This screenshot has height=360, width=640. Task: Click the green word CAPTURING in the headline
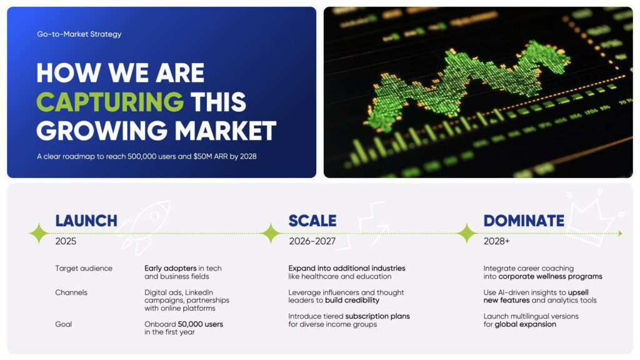[110, 102]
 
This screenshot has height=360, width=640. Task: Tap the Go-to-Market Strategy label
[79, 34]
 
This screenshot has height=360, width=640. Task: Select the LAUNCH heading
[86, 221]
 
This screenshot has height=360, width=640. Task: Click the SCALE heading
[312, 221]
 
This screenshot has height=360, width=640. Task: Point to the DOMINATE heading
[524, 221]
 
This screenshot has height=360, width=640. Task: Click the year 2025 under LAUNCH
[66, 241]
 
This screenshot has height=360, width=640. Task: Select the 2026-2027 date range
[312, 241]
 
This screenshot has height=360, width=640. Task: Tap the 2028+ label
[496, 241]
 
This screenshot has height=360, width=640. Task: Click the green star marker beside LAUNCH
[39, 234]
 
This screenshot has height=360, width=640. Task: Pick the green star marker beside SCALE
[271, 234]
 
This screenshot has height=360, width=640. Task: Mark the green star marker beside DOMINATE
[466, 234]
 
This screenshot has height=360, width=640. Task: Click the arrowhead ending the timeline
[621, 234]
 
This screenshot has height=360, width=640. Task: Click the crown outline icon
[594, 218]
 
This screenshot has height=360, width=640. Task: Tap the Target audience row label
[84, 268]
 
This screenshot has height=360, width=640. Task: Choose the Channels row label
[71, 292]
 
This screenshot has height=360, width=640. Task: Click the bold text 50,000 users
[201, 324]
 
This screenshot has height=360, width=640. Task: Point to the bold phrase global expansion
[525, 324]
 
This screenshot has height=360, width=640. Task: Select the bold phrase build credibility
[352, 301]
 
